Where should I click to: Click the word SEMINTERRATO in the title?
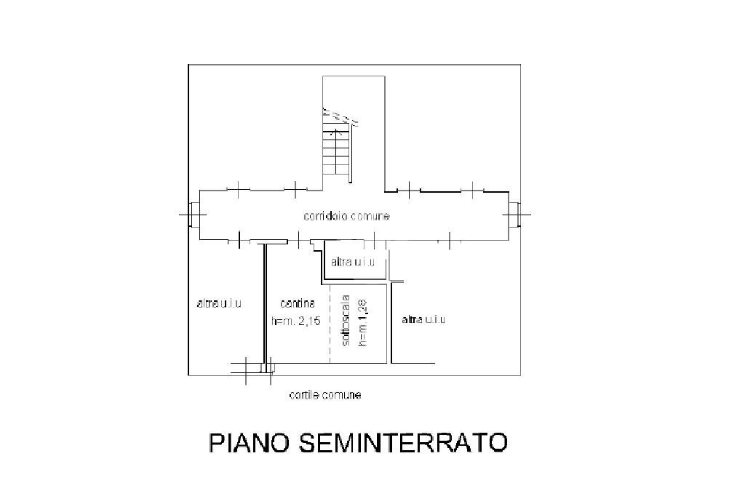coord(402,443)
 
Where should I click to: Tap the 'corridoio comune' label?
coord(346,216)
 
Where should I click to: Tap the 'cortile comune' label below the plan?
coord(325,396)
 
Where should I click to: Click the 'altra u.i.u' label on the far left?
coord(218,303)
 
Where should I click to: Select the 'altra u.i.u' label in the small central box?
coord(352,262)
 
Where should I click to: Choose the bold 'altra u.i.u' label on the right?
coord(423,319)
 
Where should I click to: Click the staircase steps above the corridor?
coord(338,154)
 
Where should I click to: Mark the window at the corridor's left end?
coord(192,215)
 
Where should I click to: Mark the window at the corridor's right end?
coord(515,215)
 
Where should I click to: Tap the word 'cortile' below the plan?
coord(304,396)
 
